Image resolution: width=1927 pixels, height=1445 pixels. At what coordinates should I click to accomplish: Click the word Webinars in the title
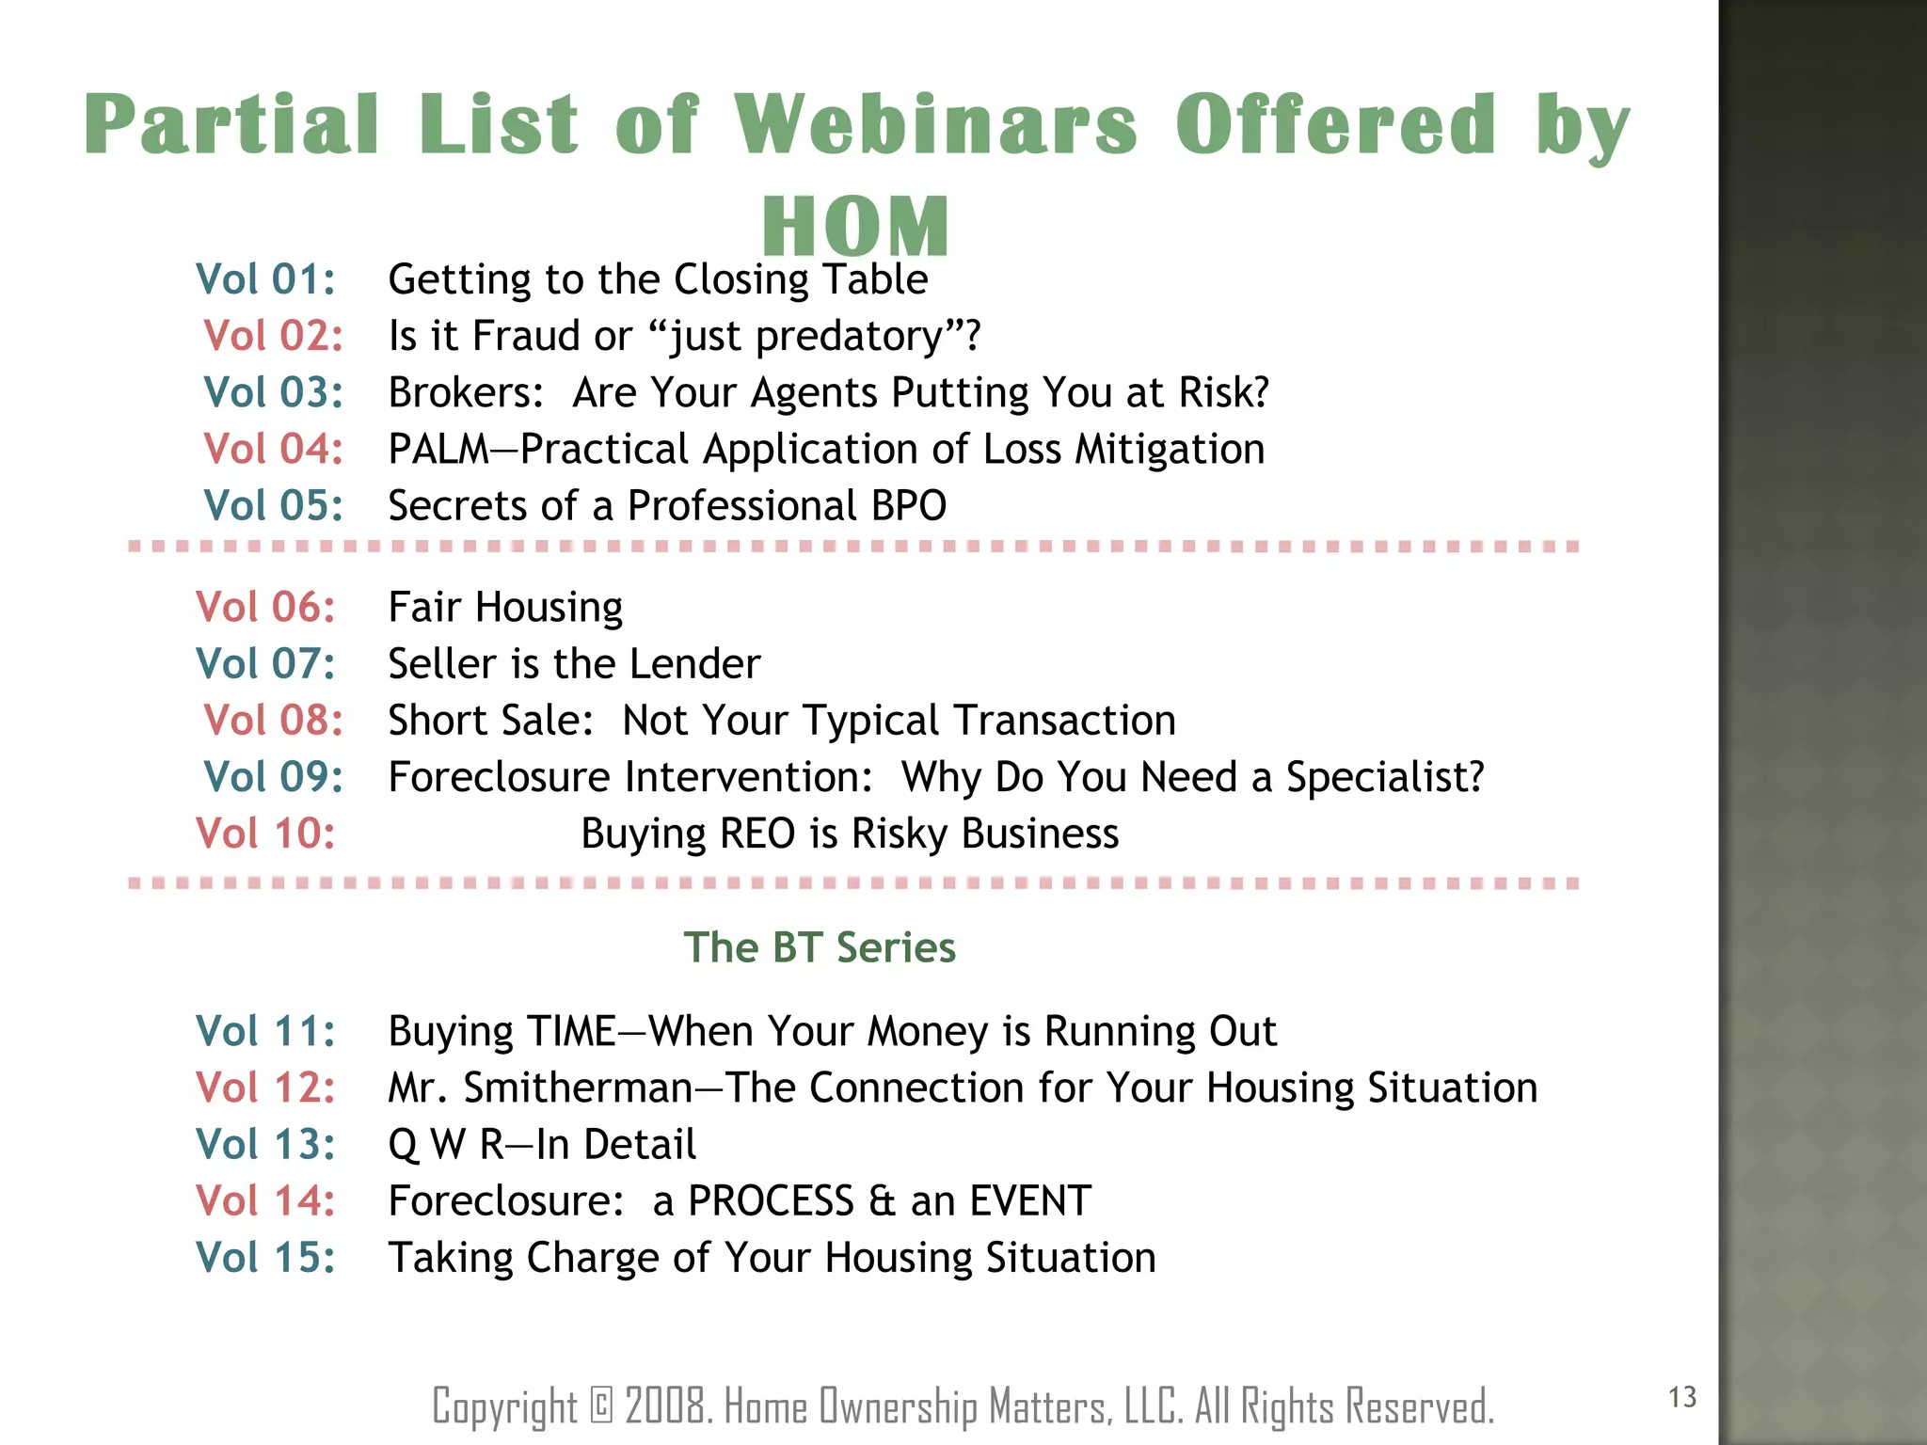935,124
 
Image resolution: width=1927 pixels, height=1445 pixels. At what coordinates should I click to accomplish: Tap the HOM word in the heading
855,227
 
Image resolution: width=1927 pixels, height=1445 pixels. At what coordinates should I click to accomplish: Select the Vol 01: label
265,279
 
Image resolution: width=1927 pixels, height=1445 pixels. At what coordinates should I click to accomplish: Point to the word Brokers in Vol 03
465,392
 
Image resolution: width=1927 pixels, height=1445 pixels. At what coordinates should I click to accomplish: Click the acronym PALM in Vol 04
438,449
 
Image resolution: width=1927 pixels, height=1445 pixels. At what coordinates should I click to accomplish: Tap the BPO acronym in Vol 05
908,506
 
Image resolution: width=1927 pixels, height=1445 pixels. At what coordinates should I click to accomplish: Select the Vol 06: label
265,607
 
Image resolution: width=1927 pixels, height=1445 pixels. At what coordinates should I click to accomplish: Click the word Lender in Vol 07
694,664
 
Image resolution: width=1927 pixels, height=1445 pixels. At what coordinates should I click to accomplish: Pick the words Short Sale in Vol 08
490,721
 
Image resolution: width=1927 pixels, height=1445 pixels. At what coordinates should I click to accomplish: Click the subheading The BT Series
820,947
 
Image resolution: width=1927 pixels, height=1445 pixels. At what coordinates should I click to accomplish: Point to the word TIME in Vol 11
570,1031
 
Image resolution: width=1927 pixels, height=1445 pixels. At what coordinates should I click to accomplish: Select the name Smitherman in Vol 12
578,1088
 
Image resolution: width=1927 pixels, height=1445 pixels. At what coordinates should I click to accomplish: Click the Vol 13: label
265,1145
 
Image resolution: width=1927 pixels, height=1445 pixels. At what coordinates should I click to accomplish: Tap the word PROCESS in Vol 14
771,1201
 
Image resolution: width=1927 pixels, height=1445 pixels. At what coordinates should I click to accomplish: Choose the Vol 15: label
265,1258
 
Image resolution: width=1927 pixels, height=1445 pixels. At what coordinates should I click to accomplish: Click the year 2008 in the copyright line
666,1406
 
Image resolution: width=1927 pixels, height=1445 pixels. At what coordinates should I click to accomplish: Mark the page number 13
1682,1397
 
